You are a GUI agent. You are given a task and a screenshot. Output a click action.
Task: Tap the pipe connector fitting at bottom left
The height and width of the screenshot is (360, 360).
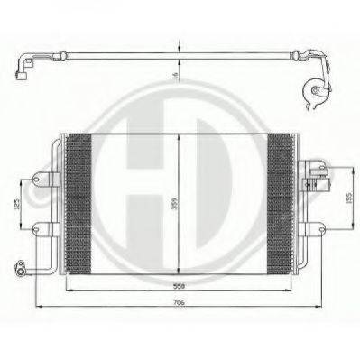pyautogui.click(x=18, y=267)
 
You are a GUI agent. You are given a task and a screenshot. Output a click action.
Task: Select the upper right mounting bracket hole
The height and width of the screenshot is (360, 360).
pyautogui.click(x=318, y=168)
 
